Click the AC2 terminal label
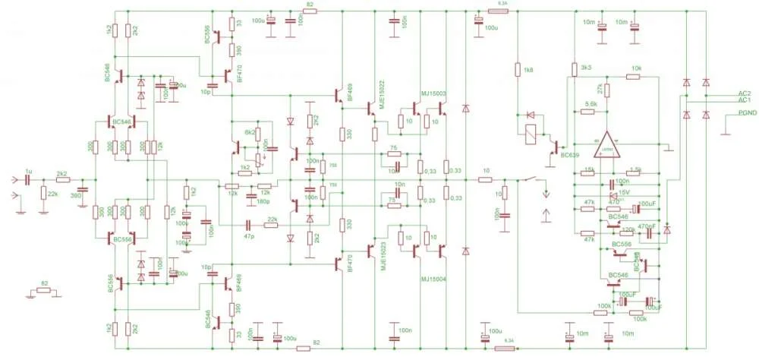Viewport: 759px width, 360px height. click(x=744, y=93)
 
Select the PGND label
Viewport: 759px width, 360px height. click(x=739, y=112)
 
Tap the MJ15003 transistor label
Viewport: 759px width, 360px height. click(x=433, y=93)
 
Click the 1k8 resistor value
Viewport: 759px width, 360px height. click(x=528, y=70)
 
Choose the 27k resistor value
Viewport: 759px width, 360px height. click(x=600, y=90)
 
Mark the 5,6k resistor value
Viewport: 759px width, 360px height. click(x=591, y=104)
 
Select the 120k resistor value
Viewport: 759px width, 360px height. click(x=628, y=229)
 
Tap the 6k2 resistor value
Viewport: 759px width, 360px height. click(x=248, y=132)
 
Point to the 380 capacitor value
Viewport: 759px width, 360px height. click(x=75, y=195)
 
